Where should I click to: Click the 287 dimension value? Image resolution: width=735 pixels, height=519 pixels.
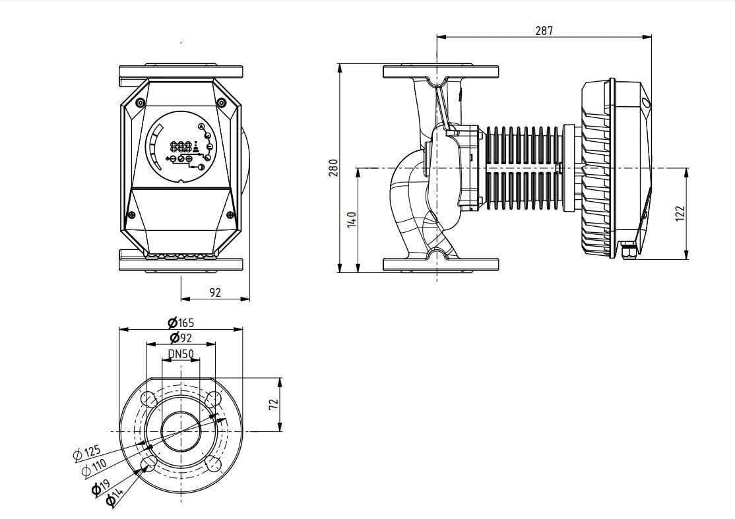[x=544, y=30]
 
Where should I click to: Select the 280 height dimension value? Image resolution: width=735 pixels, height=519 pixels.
[x=333, y=168]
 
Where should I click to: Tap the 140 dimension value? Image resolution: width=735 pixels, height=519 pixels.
[x=352, y=220]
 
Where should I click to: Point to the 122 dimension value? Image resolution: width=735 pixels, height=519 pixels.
[x=681, y=214]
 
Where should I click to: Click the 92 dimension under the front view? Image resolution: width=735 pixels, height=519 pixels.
[x=215, y=292]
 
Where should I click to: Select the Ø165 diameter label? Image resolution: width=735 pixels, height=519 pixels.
[x=181, y=323]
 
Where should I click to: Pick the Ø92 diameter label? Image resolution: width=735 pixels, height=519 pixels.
[x=181, y=338]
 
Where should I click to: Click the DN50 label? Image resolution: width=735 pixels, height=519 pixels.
[x=181, y=353]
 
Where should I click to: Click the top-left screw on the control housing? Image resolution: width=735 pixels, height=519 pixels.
[x=140, y=103]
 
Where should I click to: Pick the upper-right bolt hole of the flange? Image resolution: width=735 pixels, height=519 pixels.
[x=212, y=400]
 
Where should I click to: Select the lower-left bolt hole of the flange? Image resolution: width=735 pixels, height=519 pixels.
[x=149, y=463]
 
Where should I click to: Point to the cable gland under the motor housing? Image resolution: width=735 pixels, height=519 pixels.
[x=627, y=251]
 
